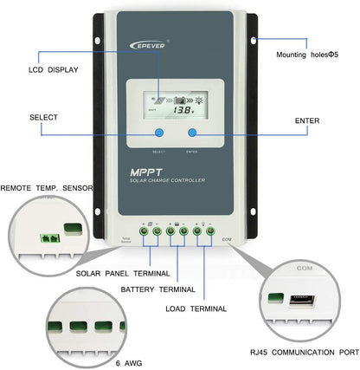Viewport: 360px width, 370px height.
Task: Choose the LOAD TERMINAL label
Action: click(x=196, y=308)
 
